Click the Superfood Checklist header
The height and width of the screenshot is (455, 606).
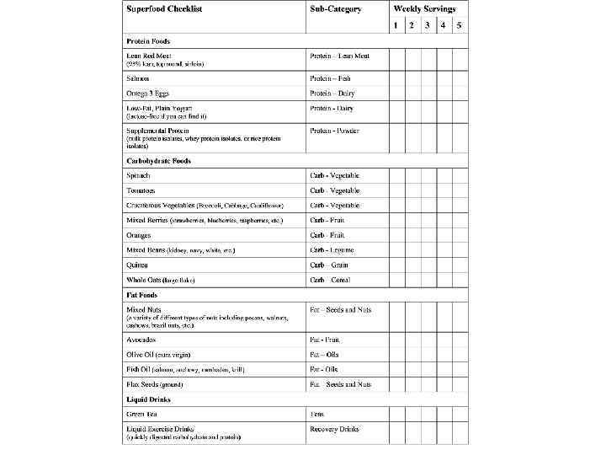[164, 9]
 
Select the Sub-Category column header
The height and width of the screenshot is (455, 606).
[335, 9]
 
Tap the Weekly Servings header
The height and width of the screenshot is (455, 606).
[426, 9]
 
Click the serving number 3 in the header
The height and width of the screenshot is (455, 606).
[427, 24]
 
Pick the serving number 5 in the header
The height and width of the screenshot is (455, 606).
[459, 24]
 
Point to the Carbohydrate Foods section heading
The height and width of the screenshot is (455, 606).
[158, 161]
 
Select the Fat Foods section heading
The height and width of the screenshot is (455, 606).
[141, 296]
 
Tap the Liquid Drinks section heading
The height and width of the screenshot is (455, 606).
[148, 399]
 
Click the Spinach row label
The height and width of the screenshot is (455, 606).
[138, 175]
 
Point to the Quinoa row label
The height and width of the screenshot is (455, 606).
[137, 265]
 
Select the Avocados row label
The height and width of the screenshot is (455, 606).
[142, 340]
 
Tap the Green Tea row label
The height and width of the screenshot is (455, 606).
[142, 414]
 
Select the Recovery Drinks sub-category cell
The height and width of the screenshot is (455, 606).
[334, 429]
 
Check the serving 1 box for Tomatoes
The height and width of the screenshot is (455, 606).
[396, 191]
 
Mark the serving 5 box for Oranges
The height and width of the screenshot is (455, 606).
[459, 235]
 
